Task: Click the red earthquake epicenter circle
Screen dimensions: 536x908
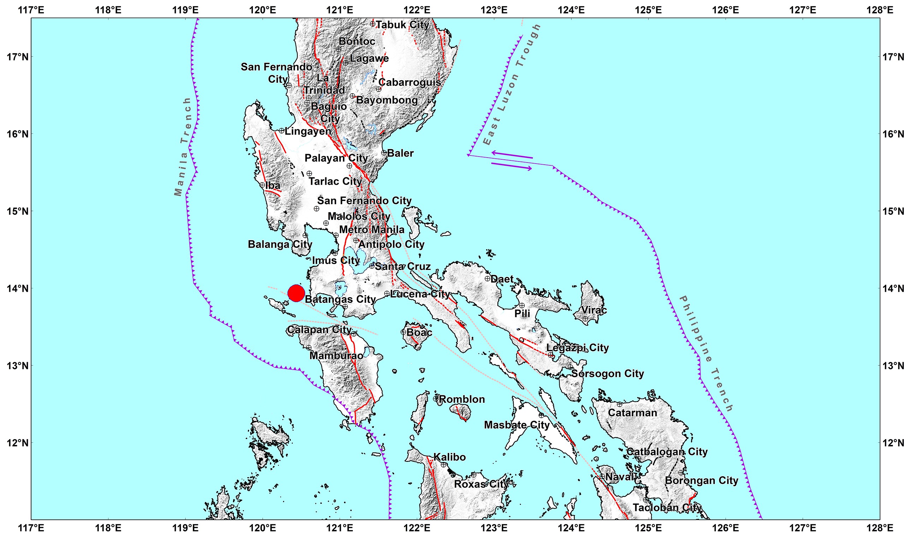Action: [296, 293]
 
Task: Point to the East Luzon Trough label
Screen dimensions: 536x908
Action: [512, 84]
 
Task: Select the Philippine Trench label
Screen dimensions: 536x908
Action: [706, 354]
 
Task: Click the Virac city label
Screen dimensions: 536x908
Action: [594, 310]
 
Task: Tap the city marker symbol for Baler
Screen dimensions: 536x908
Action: [384, 153]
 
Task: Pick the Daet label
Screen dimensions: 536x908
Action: [502, 279]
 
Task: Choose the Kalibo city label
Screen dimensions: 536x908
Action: [449, 457]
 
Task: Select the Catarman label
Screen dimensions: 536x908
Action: [632, 413]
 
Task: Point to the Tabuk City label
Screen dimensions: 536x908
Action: [402, 25]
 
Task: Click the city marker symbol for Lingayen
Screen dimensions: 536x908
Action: [281, 130]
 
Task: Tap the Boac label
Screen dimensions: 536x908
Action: [419, 332]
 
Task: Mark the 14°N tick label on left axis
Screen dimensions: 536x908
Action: [17, 288]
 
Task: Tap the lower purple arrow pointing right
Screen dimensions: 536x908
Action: [511, 166]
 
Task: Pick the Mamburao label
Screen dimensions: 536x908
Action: [336, 356]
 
